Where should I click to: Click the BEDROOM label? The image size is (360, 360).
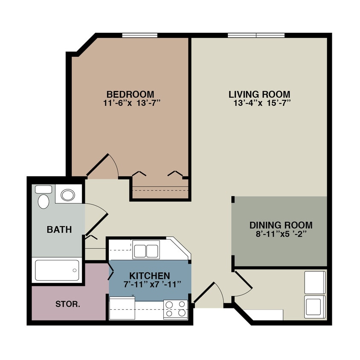click(x=130, y=94)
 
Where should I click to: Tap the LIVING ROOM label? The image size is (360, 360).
click(x=259, y=94)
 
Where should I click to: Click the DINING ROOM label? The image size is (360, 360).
click(x=281, y=225)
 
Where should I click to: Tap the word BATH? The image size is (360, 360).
click(x=59, y=230)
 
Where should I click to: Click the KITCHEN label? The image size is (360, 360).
click(x=150, y=276)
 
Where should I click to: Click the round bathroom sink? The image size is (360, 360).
click(x=67, y=195)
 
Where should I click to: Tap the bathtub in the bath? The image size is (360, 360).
click(x=57, y=270)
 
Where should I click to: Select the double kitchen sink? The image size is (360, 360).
click(x=146, y=251)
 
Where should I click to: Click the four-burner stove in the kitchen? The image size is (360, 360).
click(x=176, y=308)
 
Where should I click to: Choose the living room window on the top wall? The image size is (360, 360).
click(x=256, y=35)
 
